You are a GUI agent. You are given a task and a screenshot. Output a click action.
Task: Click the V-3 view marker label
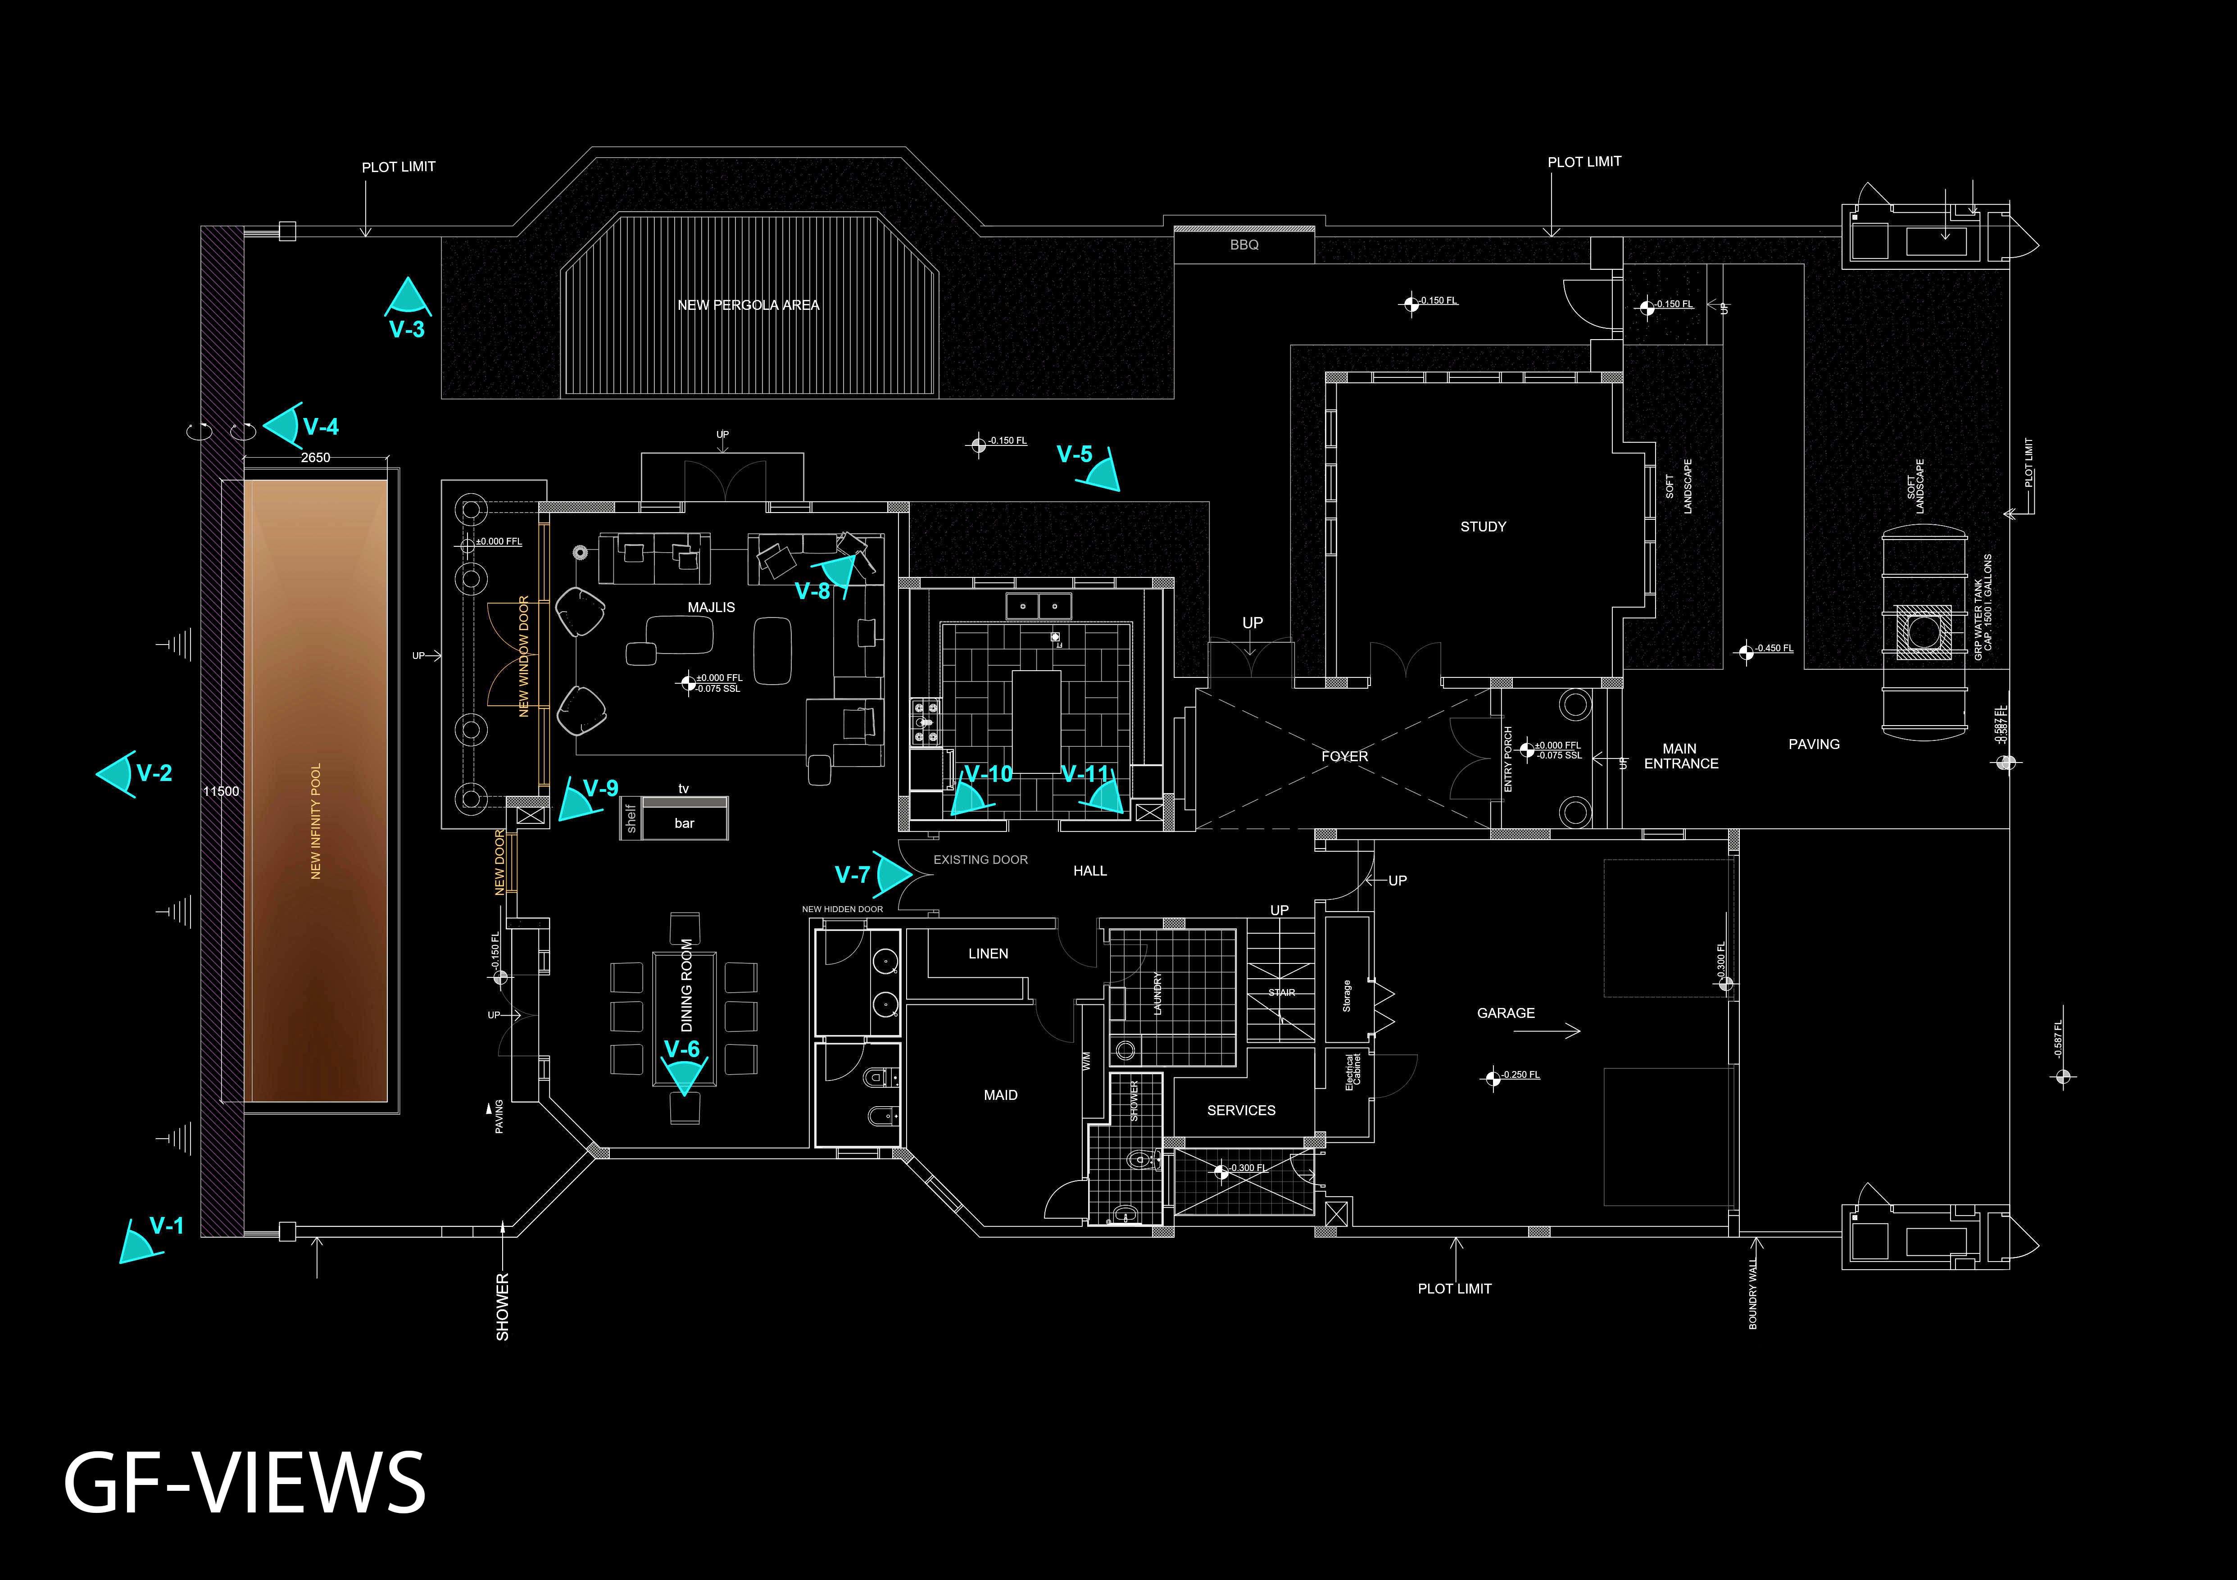(406, 329)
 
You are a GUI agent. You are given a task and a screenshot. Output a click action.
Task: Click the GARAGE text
(1505, 1013)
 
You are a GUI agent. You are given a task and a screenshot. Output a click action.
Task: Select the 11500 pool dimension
(221, 791)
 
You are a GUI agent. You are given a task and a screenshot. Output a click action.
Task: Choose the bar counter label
(684, 823)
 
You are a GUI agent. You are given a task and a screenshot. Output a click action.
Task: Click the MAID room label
(1001, 1095)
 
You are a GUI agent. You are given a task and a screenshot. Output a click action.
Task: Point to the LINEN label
(988, 953)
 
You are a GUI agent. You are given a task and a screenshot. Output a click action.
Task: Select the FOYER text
(1344, 756)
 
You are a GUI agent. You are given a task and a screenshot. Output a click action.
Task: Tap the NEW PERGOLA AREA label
(748, 305)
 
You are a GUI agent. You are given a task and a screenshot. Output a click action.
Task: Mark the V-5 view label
(1075, 454)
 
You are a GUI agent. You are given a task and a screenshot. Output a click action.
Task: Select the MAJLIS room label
(711, 607)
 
